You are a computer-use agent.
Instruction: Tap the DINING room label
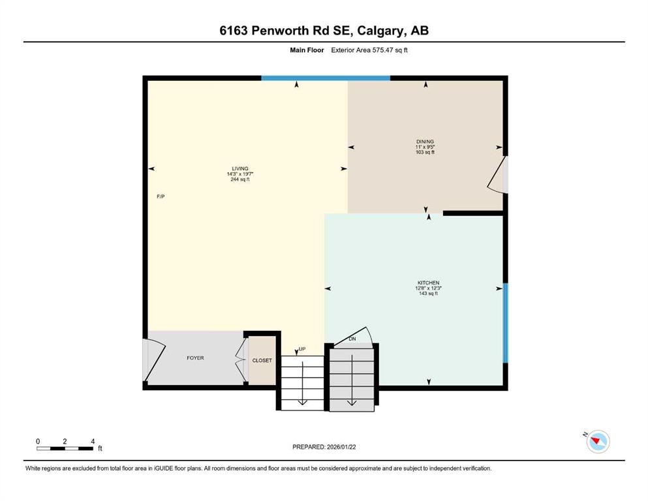(425, 142)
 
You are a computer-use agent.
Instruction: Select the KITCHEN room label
(429, 283)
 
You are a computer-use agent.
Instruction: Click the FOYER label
(195, 358)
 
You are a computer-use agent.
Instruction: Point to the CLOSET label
(262, 360)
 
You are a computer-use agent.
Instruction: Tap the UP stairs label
(302, 349)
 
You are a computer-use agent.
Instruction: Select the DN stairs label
(352, 339)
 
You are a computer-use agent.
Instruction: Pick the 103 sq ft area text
(425, 152)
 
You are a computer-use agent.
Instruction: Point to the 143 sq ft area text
(429, 294)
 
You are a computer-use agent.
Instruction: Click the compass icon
(597, 442)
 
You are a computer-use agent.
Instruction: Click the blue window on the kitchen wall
(505, 323)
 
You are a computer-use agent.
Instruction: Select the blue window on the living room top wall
(326, 78)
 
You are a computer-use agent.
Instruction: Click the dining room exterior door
(499, 175)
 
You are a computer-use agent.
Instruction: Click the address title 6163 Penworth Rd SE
(324, 31)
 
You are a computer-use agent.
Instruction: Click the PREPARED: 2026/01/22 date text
(324, 447)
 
